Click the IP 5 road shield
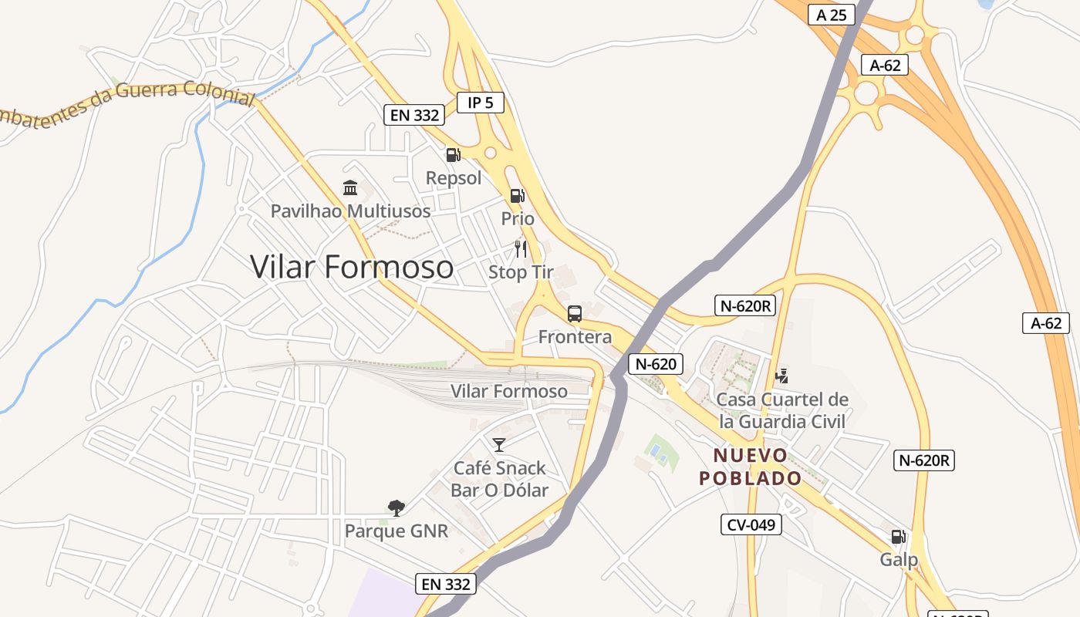point(481,102)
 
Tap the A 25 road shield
point(832,15)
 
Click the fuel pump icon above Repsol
point(454,155)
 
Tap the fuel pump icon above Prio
point(518,196)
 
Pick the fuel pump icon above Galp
point(899,537)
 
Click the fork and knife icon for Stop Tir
point(521,248)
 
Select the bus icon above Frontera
point(575,314)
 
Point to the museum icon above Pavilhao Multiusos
point(350,188)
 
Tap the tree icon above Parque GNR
point(397,507)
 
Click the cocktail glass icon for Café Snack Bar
point(499,444)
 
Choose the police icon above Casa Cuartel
point(782,376)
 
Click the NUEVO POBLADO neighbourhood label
point(751,467)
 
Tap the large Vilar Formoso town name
point(352,267)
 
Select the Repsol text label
point(454,178)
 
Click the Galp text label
point(899,559)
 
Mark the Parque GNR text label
point(397,531)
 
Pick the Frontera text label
point(575,336)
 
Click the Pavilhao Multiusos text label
point(350,211)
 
